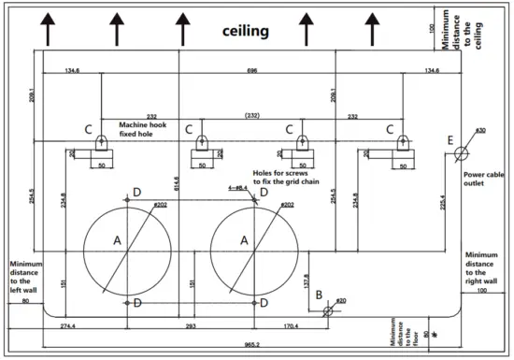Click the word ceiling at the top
point(246,31)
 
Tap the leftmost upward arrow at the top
point(46,27)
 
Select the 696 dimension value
point(251,69)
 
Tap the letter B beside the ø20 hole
point(320,295)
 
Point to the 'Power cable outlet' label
point(486,179)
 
